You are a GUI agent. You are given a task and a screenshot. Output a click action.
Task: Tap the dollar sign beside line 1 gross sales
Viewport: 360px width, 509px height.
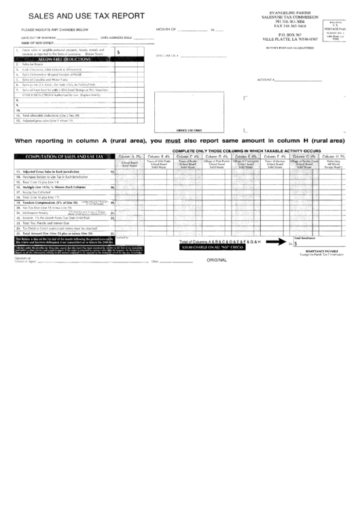click(x=120, y=52)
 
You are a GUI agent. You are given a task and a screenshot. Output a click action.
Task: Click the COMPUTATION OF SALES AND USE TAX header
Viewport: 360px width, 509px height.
click(x=63, y=157)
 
